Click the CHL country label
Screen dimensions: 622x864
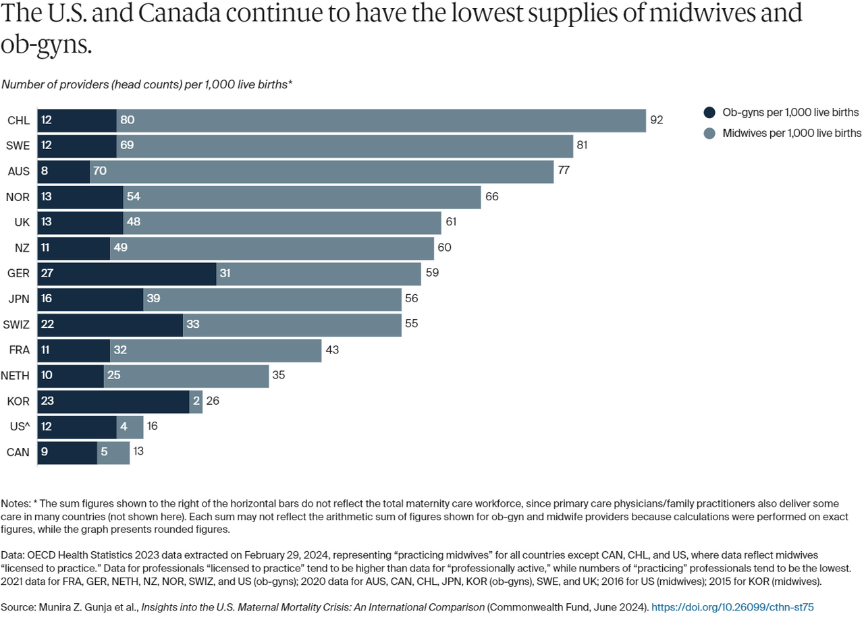[x=18, y=120]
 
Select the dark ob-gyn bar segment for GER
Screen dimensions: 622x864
[x=126, y=274]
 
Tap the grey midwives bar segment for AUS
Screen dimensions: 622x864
[x=321, y=171]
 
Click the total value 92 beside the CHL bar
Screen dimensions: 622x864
[x=657, y=120]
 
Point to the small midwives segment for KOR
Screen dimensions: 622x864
[x=196, y=401]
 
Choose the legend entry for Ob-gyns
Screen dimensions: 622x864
[x=782, y=113]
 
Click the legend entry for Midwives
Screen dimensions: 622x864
[x=782, y=133]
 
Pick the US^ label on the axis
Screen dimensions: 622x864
[x=18, y=426]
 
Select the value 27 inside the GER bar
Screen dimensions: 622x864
[x=47, y=274]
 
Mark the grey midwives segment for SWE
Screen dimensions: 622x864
[x=344, y=146]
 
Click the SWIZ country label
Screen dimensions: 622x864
[x=16, y=324]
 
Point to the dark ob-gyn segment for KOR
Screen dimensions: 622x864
[x=113, y=401]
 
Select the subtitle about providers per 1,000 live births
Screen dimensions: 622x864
[x=147, y=84]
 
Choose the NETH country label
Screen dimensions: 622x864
[x=16, y=375]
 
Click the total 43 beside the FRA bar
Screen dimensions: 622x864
[x=332, y=349]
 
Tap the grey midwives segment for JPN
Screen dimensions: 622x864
[x=272, y=298]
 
